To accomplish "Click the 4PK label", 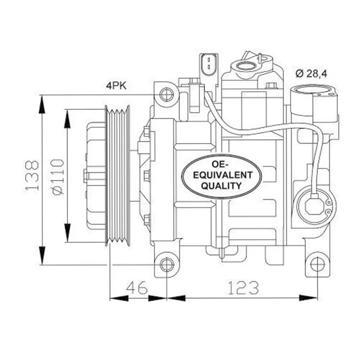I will coord(116,85).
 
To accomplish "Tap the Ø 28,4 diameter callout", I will coord(311,73).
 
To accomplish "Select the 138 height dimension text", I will coord(32,175).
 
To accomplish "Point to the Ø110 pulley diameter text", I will coord(58,176).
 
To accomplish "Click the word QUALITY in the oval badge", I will coord(221,185).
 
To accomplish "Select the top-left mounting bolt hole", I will coord(166,94).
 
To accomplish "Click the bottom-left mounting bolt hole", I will coord(166,265).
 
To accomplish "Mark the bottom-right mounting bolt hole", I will coord(317,265).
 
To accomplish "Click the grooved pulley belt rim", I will coord(117,175).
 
